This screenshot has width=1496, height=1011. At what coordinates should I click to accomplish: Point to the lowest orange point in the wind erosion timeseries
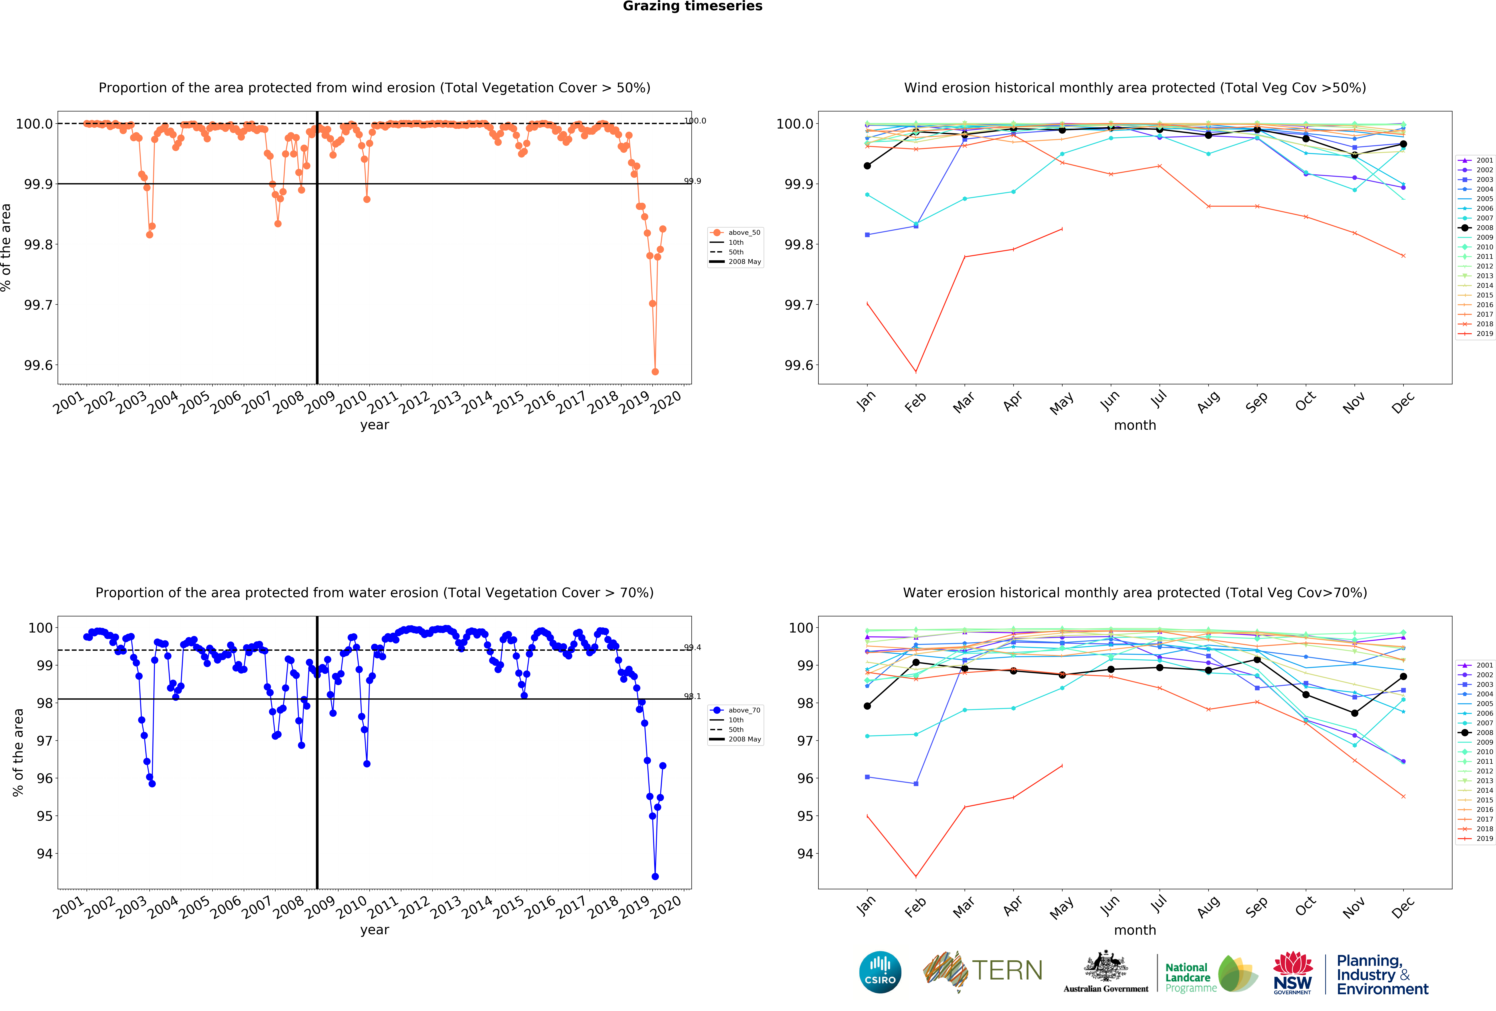point(655,372)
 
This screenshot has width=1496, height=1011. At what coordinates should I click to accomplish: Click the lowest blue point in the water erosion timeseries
point(655,876)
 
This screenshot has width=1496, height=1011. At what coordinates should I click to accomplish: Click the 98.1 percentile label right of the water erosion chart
point(692,696)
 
